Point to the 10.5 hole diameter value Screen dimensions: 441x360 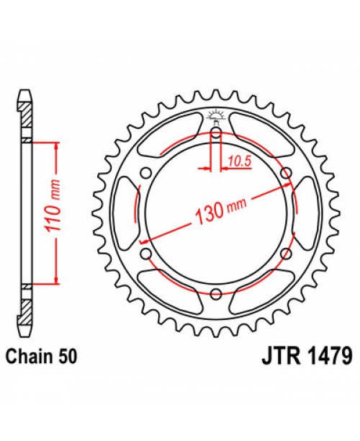[x=233, y=162]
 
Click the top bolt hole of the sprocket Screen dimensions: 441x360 [x=216, y=133]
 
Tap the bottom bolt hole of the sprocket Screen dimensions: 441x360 [x=216, y=292]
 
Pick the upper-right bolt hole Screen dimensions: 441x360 [x=286, y=172]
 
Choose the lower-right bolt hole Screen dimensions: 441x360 [x=286, y=253]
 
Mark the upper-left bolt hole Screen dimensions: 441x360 [x=146, y=172]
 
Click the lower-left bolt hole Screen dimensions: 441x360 [x=146, y=253]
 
